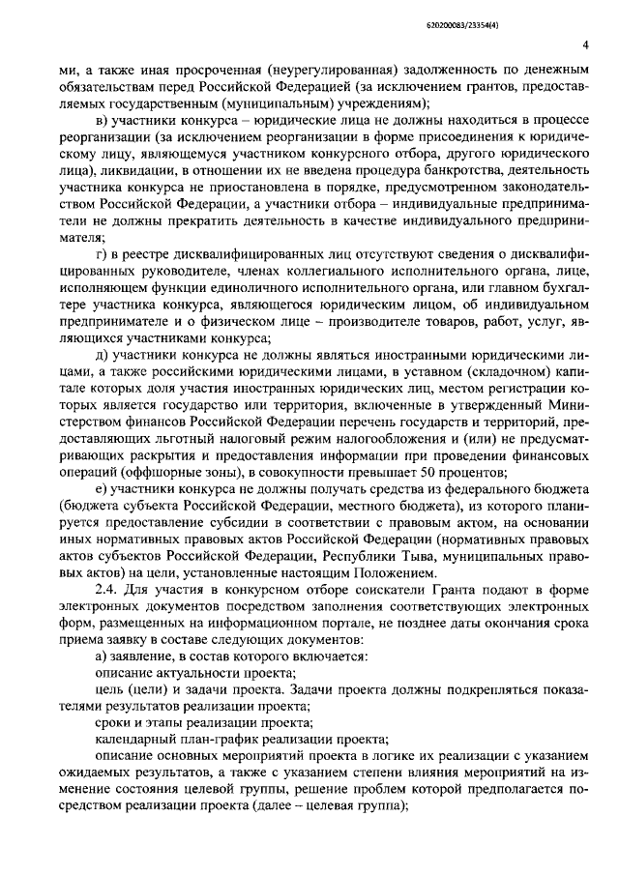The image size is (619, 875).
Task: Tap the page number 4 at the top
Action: (585, 44)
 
